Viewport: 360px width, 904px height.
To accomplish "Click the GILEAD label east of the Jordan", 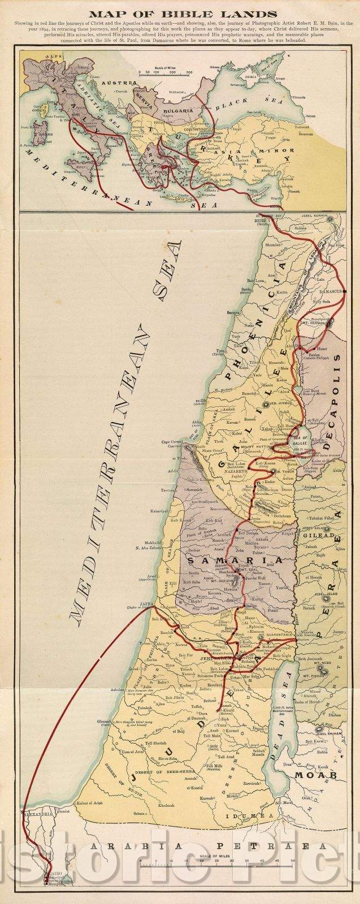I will pyautogui.click(x=324, y=524).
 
